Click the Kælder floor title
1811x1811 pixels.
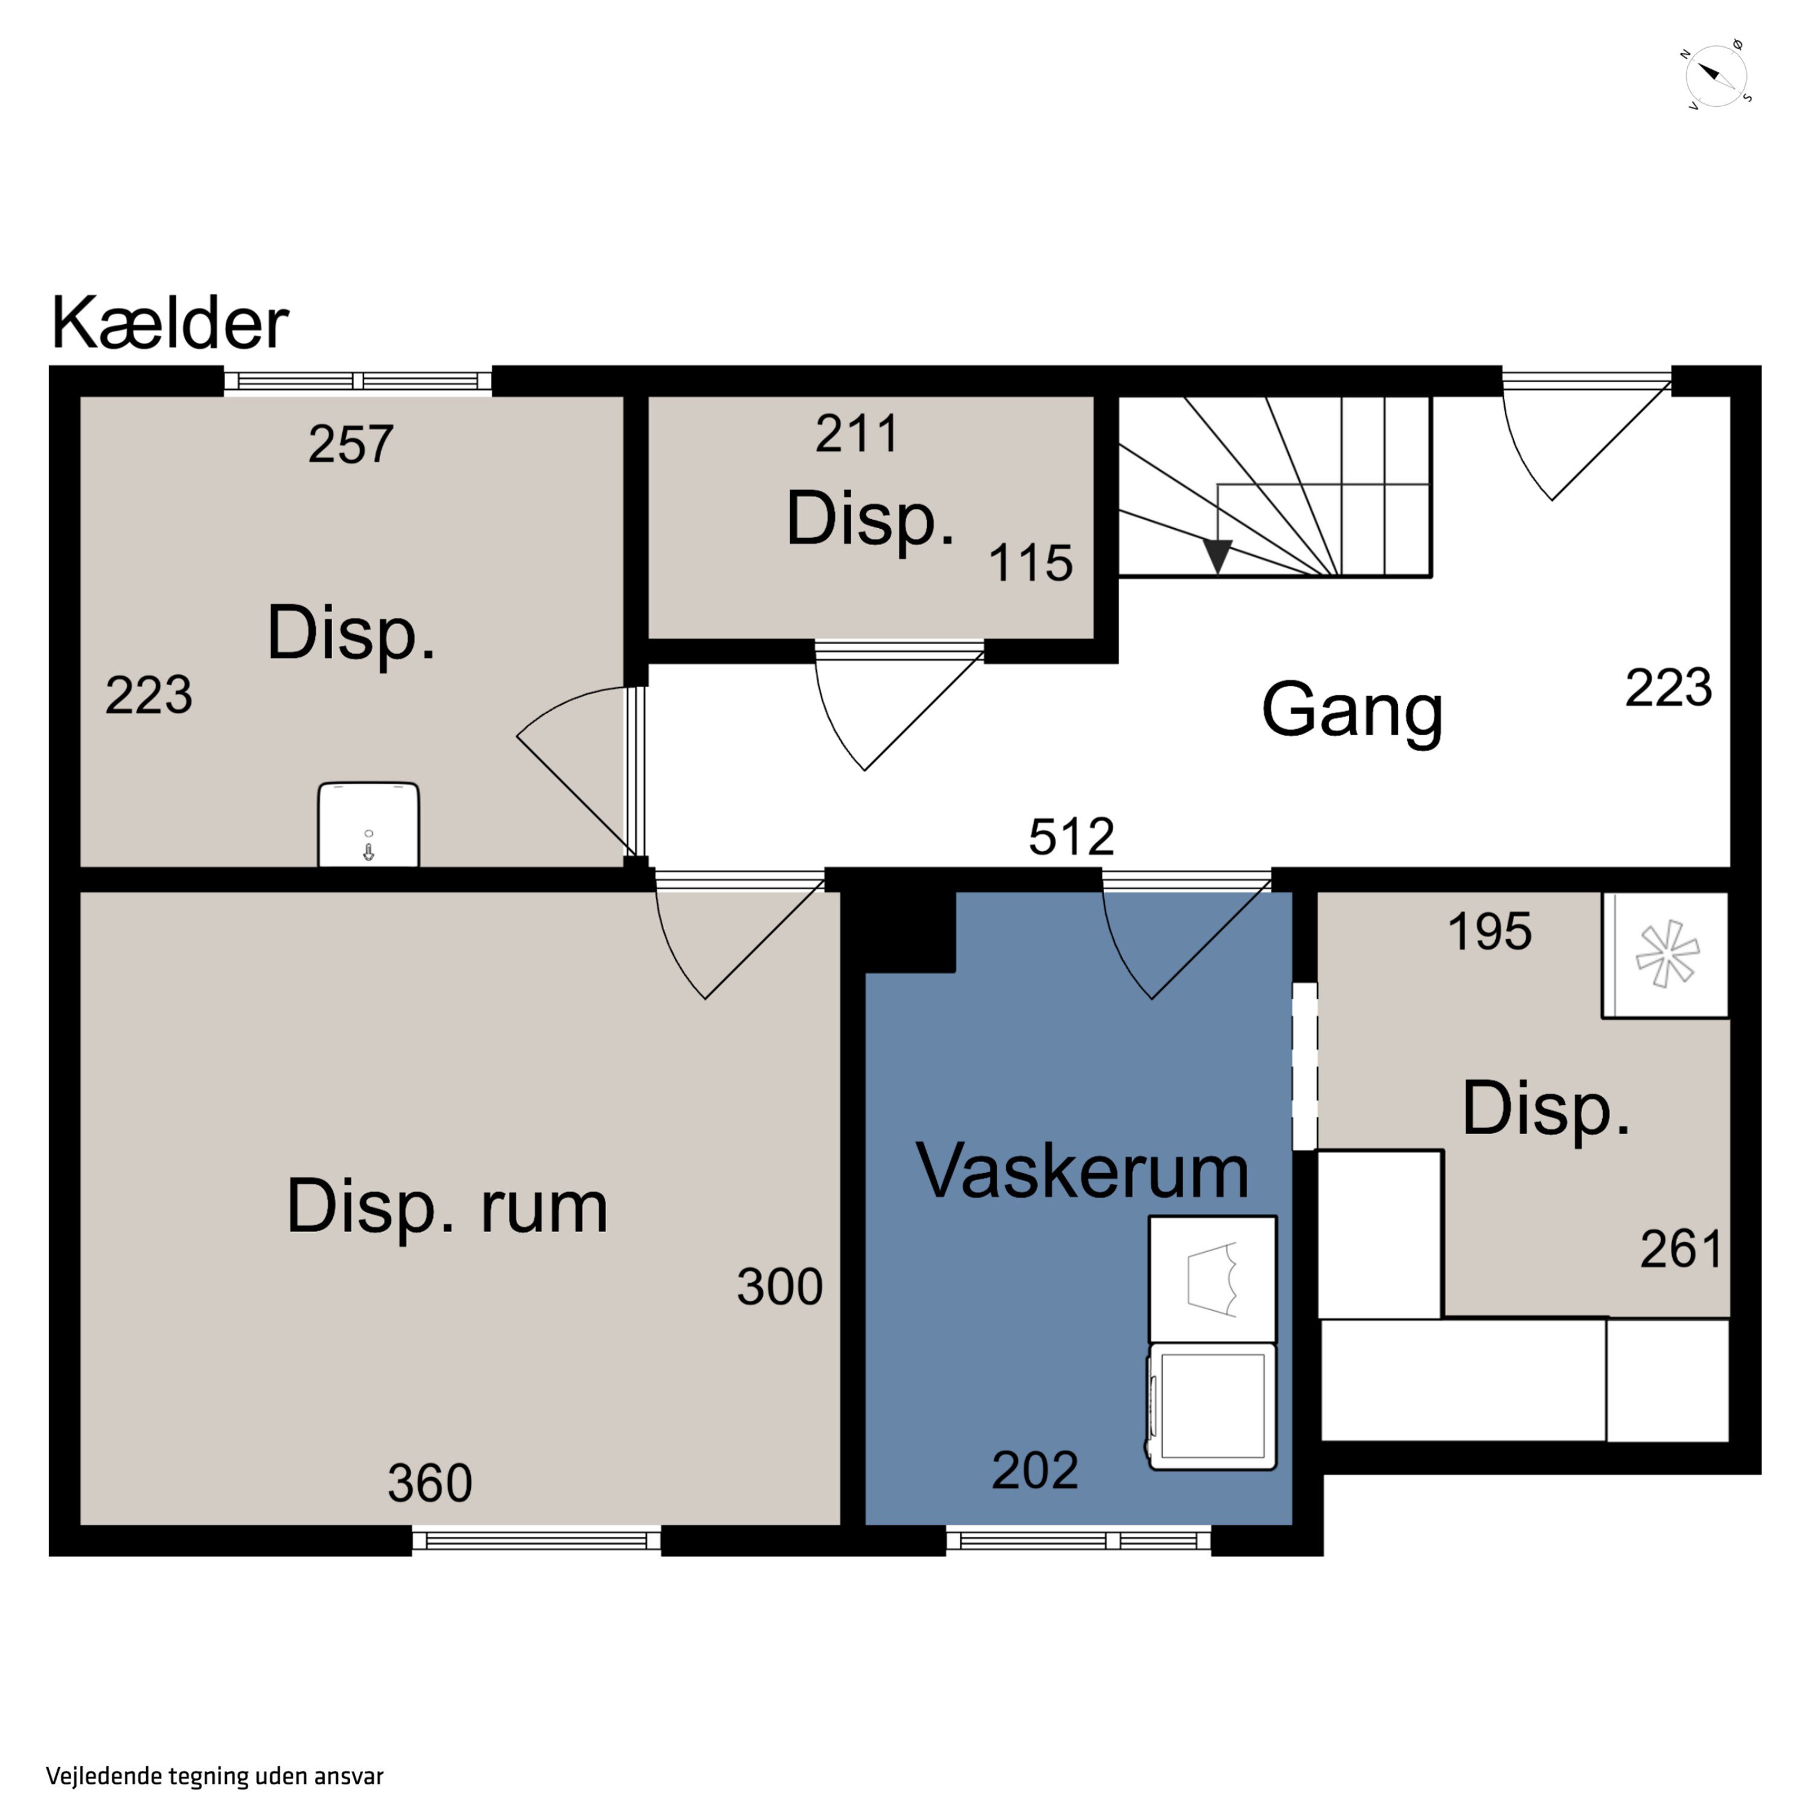point(170,322)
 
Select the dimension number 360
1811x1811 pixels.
point(430,1483)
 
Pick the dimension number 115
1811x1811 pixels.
point(1031,563)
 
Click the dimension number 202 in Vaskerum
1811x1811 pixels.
point(1035,1470)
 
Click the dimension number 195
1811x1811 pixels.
point(1489,931)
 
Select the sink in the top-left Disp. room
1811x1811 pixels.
point(368,824)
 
